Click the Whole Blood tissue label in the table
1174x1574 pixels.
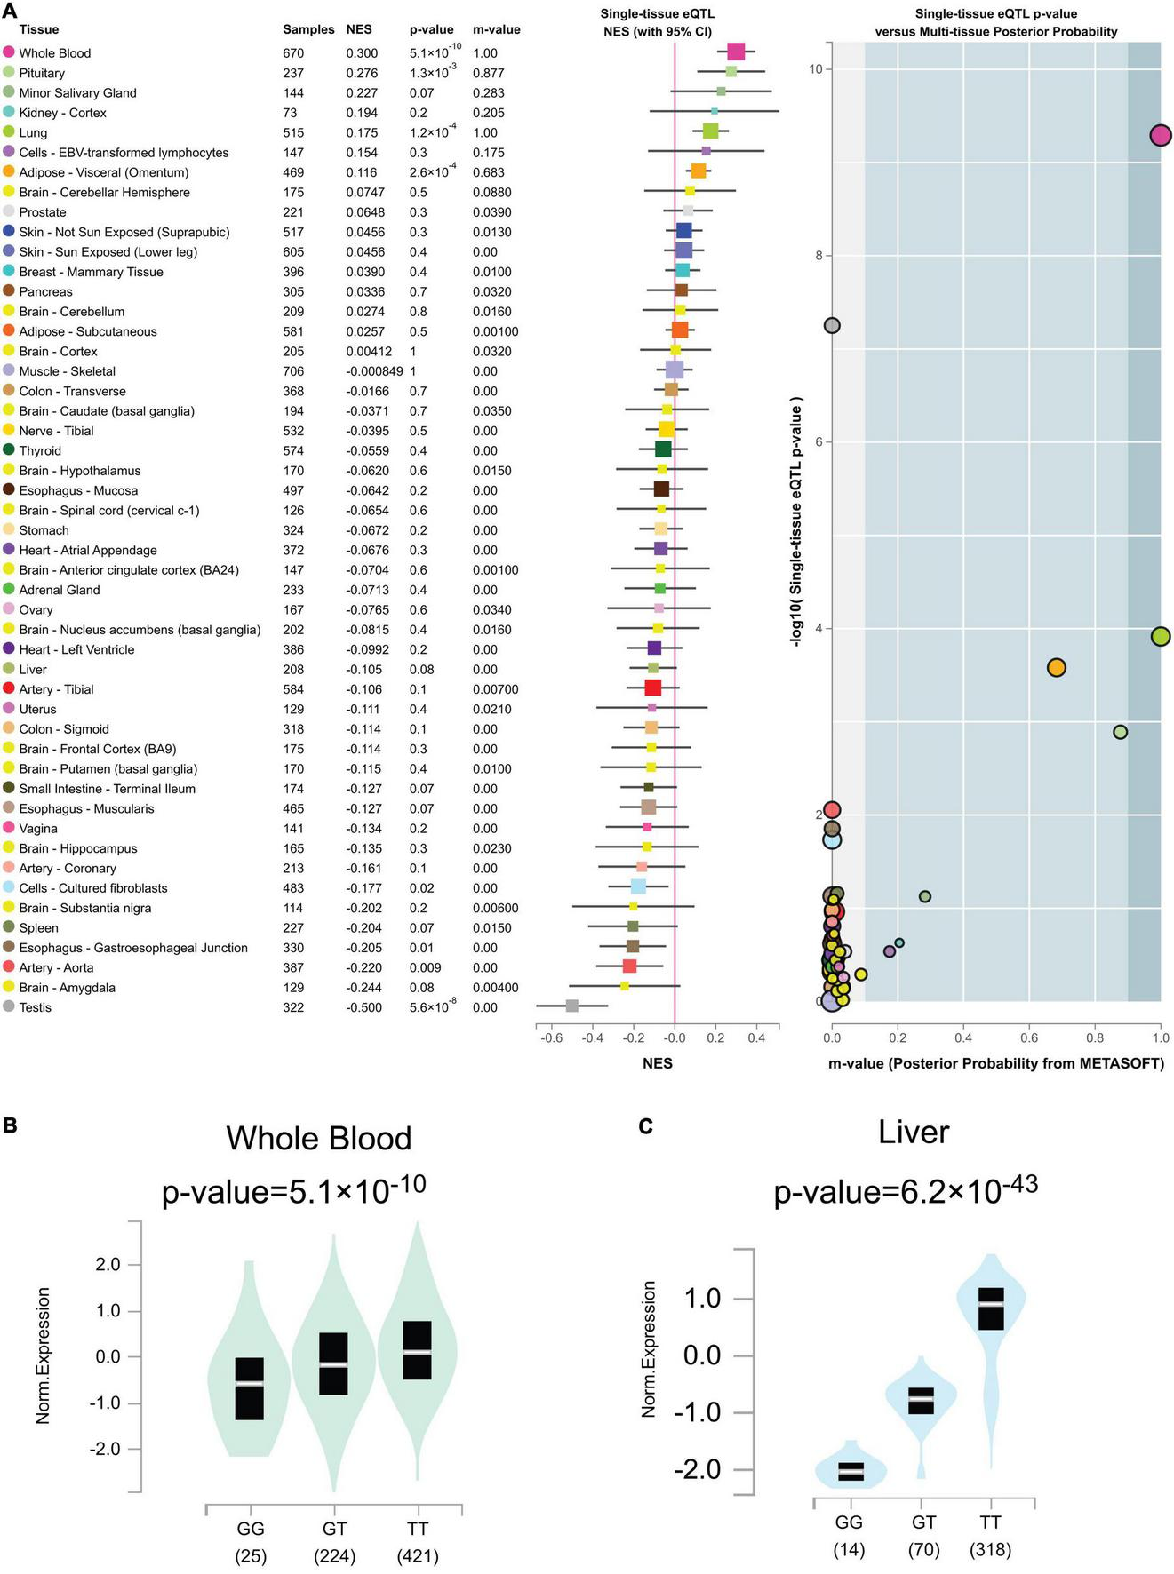tap(54, 53)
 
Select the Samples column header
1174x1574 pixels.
tap(308, 29)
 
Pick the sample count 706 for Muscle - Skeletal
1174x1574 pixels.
tap(293, 371)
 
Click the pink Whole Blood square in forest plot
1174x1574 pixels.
tap(736, 52)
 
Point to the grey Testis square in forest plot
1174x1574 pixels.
tap(572, 1006)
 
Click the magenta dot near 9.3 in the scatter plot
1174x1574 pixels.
tap(1160, 135)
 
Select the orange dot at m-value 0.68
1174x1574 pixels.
tap(1056, 667)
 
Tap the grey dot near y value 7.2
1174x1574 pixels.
tap(832, 325)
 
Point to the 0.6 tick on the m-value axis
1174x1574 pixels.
tap(1029, 1037)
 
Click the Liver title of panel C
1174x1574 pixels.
tap(914, 1132)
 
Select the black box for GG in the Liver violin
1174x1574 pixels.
tap(851, 1471)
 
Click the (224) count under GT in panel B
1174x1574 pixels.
tap(334, 1555)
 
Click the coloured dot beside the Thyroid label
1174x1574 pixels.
tap(9, 450)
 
